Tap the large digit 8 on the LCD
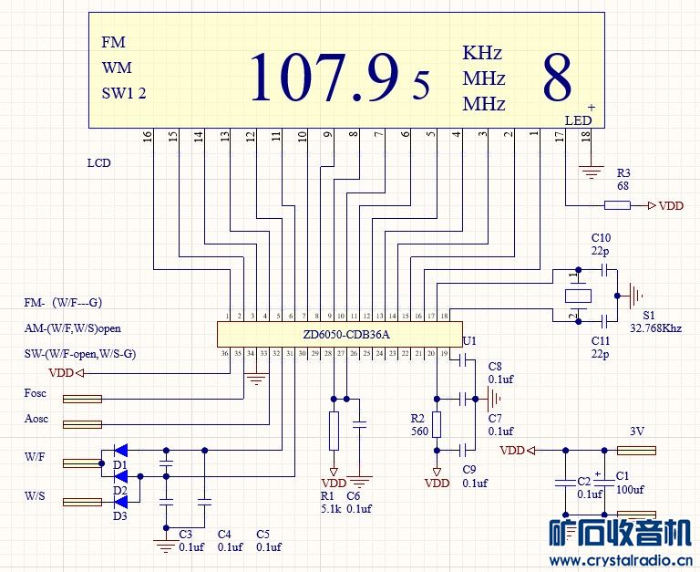pyautogui.click(x=558, y=78)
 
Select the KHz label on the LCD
pyautogui.click(x=482, y=53)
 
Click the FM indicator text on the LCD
pyautogui.click(x=114, y=43)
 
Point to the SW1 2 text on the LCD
pyautogui.click(x=124, y=92)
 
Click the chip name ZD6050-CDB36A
pyautogui.click(x=346, y=335)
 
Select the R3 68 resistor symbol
pyautogui.click(x=617, y=205)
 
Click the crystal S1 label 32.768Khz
pyautogui.click(x=655, y=328)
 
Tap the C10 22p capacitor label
pyautogui.click(x=601, y=244)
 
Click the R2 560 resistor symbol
pyautogui.click(x=437, y=424)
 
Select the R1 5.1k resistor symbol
pyautogui.click(x=334, y=425)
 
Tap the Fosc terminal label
pyautogui.click(x=36, y=394)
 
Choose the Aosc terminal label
pyautogui.click(x=36, y=419)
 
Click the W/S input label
pyautogui.click(x=36, y=496)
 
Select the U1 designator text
pyautogui.click(x=469, y=340)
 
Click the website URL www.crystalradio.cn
pyautogui.click(x=624, y=560)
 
